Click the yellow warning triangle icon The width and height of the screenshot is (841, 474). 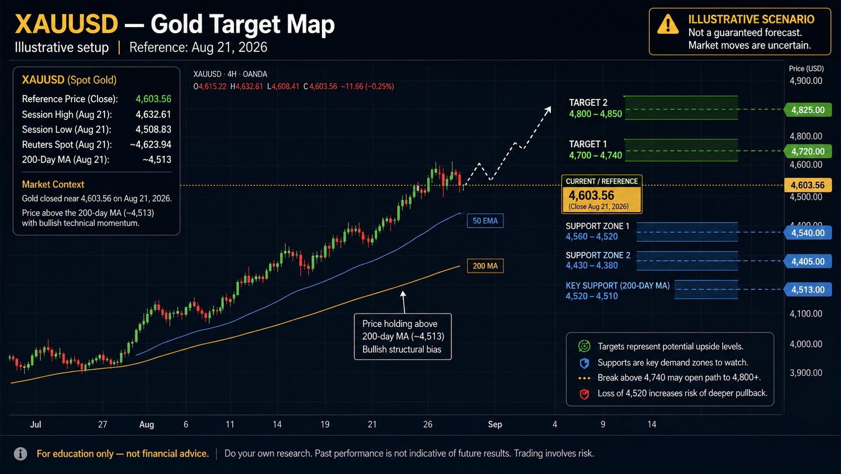coord(667,25)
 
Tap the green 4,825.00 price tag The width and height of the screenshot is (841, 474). coord(808,110)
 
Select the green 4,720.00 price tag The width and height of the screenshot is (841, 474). coord(808,151)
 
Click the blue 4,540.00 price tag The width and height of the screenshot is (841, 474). coord(808,233)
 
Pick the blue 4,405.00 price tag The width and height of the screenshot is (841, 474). coord(808,261)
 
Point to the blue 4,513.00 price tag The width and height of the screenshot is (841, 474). coord(808,290)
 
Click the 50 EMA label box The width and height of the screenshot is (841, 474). coord(485,221)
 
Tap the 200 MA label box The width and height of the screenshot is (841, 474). coord(485,266)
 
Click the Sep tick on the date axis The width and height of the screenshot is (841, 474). coord(495,424)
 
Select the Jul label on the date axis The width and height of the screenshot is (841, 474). coord(36,424)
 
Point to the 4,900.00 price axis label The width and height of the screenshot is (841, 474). coord(806,81)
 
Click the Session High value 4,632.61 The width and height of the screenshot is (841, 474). coord(153,114)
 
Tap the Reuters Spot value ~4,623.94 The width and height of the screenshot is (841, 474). coord(150,145)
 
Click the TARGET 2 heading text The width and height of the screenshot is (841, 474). coord(588,103)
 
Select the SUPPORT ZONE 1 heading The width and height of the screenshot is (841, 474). coord(598,226)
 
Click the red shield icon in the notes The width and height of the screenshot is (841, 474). coord(584,394)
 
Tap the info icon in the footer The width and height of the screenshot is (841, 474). coord(20,454)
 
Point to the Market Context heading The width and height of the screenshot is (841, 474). coord(53,184)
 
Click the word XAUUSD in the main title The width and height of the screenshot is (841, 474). coord(66,24)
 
